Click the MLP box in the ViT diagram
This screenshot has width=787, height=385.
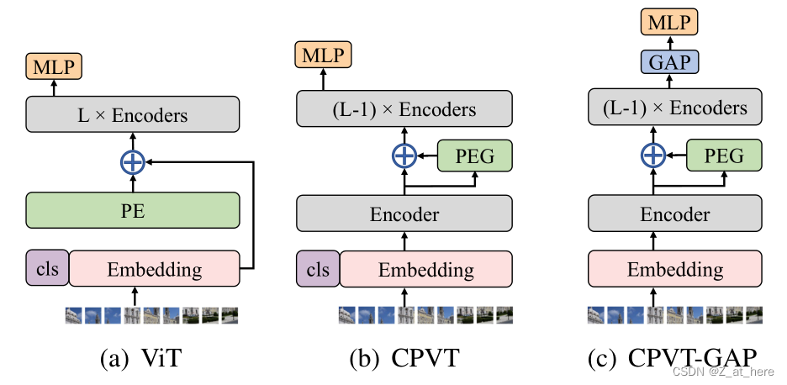[x=54, y=65]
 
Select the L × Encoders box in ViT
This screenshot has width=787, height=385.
[x=133, y=113]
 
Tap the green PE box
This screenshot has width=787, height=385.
[x=133, y=210]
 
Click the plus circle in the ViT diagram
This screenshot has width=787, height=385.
[x=133, y=162]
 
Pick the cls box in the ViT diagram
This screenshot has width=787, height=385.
[x=46, y=269]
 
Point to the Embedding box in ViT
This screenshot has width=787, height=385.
[x=155, y=269]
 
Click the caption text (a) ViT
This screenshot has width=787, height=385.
[x=140, y=359]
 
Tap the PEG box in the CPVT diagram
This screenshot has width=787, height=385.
[x=475, y=156]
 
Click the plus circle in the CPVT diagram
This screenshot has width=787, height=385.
[x=404, y=156]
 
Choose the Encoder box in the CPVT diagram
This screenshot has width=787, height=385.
[x=404, y=214]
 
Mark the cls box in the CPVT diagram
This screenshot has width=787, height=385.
[x=318, y=269]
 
